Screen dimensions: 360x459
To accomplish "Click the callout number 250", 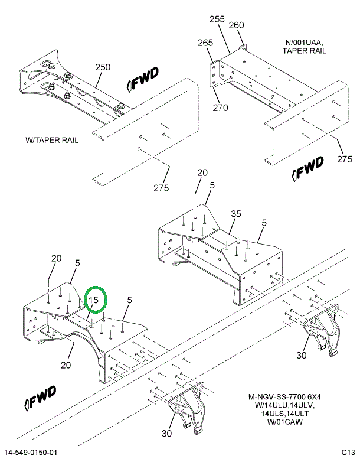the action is [103, 67].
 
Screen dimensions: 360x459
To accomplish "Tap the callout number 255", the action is [217, 19].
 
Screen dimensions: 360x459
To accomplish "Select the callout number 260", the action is [236, 25].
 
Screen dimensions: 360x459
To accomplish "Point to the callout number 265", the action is [205, 43].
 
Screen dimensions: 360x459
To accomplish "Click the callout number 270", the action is [220, 108].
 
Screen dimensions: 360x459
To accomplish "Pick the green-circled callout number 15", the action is [94, 300].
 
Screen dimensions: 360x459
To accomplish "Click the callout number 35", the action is [236, 214].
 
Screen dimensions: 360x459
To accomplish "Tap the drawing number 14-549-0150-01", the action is [31, 453].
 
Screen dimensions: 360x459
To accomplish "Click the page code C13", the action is [348, 453].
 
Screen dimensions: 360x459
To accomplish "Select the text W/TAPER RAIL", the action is [52, 140].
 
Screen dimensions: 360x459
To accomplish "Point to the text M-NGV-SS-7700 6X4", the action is [284, 397].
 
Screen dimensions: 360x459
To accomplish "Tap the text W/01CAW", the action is [285, 422].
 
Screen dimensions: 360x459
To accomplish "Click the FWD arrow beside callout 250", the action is [143, 79].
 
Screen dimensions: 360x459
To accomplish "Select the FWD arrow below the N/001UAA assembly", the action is [308, 168].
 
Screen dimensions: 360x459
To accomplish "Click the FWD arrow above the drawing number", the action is [40, 398].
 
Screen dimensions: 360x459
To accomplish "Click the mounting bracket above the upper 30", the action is [322, 329].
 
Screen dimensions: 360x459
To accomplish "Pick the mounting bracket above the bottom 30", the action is [186, 408].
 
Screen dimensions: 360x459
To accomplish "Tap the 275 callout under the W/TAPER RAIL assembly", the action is [162, 188].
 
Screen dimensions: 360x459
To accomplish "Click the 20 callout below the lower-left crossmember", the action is [66, 365].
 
